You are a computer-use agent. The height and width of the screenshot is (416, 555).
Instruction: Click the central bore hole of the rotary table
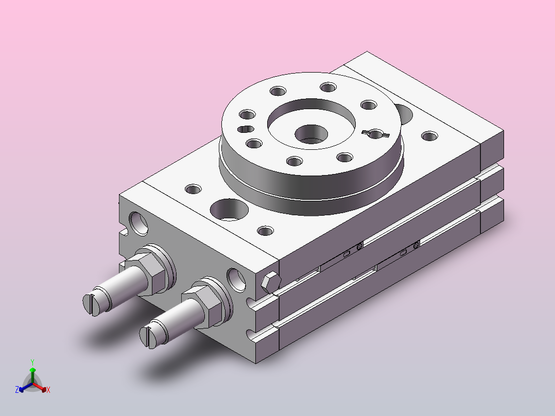click(311, 134)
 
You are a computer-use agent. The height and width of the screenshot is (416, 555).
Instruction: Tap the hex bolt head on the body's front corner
click(271, 282)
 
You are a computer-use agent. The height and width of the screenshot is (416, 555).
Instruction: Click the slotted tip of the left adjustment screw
click(90, 304)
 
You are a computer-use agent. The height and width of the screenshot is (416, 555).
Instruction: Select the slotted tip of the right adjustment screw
click(146, 337)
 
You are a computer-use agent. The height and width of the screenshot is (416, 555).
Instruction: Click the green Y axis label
click(32, 362)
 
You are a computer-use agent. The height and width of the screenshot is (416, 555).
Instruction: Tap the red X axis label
click(48, 390)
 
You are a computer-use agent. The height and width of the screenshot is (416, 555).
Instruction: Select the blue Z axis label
click(17, 390)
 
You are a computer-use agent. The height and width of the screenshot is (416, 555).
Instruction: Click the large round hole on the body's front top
click(229, 210)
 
